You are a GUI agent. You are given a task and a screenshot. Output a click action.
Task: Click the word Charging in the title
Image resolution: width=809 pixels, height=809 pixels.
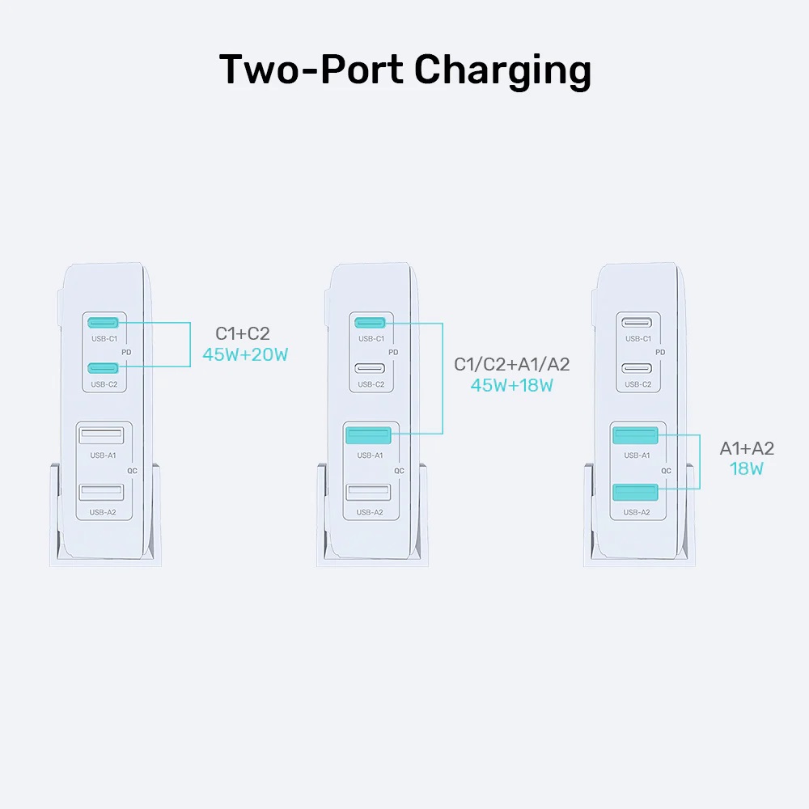(502, 70)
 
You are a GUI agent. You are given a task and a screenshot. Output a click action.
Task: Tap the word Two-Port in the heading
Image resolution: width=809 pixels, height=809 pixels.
(311, 70)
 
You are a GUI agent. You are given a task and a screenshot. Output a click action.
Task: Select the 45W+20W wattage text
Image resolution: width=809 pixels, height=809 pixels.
(246, 354)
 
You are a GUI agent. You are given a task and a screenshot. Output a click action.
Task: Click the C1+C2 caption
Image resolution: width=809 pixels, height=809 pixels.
(242, 333)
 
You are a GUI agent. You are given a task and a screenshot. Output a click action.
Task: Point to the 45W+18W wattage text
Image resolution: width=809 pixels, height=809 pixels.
(511, 385)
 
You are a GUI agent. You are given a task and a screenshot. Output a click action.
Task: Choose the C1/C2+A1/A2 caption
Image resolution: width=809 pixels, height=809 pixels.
(511, 364)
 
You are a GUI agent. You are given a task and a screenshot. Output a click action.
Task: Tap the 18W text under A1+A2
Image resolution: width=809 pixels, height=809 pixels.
(746, 468)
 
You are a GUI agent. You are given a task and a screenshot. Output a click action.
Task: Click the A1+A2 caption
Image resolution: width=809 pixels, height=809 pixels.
(747, 448)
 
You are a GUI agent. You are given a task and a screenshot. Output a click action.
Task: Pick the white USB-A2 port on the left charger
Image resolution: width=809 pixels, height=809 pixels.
(101, 492)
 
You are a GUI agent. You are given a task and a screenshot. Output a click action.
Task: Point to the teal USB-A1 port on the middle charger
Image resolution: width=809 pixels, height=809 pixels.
(368, 436)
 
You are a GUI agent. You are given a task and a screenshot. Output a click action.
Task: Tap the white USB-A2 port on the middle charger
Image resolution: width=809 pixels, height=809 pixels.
(368, 492)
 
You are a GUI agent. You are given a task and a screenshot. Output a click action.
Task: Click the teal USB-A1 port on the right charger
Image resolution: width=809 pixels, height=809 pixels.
(635, 436)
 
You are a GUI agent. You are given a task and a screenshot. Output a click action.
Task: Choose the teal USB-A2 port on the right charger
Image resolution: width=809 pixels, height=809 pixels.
(635, 492)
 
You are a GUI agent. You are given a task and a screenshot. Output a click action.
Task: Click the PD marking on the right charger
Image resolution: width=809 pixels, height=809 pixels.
(661, 352)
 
